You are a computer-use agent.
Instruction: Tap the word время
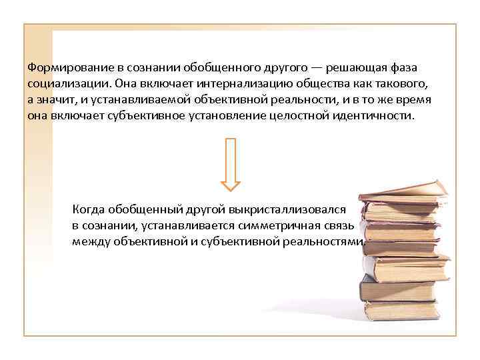click(413, 99)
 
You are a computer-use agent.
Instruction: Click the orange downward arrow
click(231, 163)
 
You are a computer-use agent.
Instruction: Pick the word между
click(90, 241)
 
